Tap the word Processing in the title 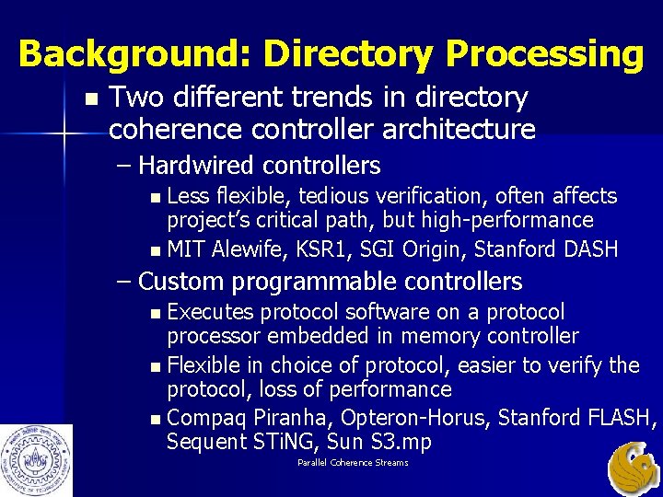[544, 54]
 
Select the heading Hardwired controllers [260, 166]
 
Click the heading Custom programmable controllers [330, 281]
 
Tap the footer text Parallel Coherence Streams [353, 462]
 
